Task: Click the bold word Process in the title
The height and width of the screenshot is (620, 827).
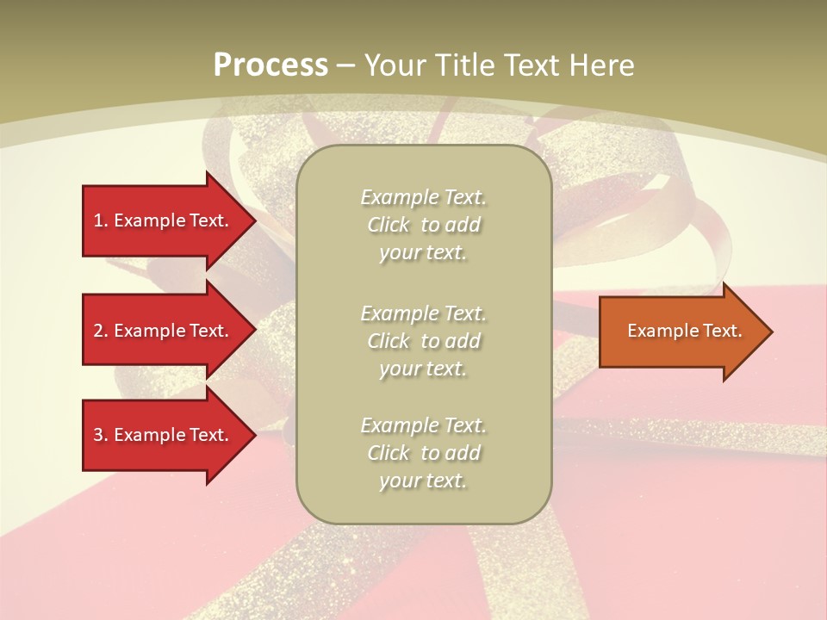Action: click(x=270, y=65)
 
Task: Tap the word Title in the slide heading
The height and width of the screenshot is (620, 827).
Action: click(x=463, y=65)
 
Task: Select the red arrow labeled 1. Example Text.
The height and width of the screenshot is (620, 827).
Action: click(x=162, y=220)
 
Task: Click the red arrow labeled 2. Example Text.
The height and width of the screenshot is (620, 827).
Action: click(x=162, y=331)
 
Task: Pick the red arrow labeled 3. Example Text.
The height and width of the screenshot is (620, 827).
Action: click(x=162, y=435)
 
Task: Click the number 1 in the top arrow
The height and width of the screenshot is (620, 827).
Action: click(x=98, y=220)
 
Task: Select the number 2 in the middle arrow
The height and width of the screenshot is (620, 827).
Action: click(x=98, y=331)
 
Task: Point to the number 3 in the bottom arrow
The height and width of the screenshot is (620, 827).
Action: click(x=98, y=435)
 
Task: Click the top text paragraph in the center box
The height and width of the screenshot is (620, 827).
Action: click(x=423, y=225)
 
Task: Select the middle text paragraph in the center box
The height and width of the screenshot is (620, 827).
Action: click(x=423, y=341)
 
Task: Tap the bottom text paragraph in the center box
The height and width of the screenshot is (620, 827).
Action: click(x=423, y=453)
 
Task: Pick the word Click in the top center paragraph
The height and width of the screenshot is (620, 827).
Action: click(x=389, y=226)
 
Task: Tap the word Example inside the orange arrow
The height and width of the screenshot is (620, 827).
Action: click(x=659, y=331)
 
